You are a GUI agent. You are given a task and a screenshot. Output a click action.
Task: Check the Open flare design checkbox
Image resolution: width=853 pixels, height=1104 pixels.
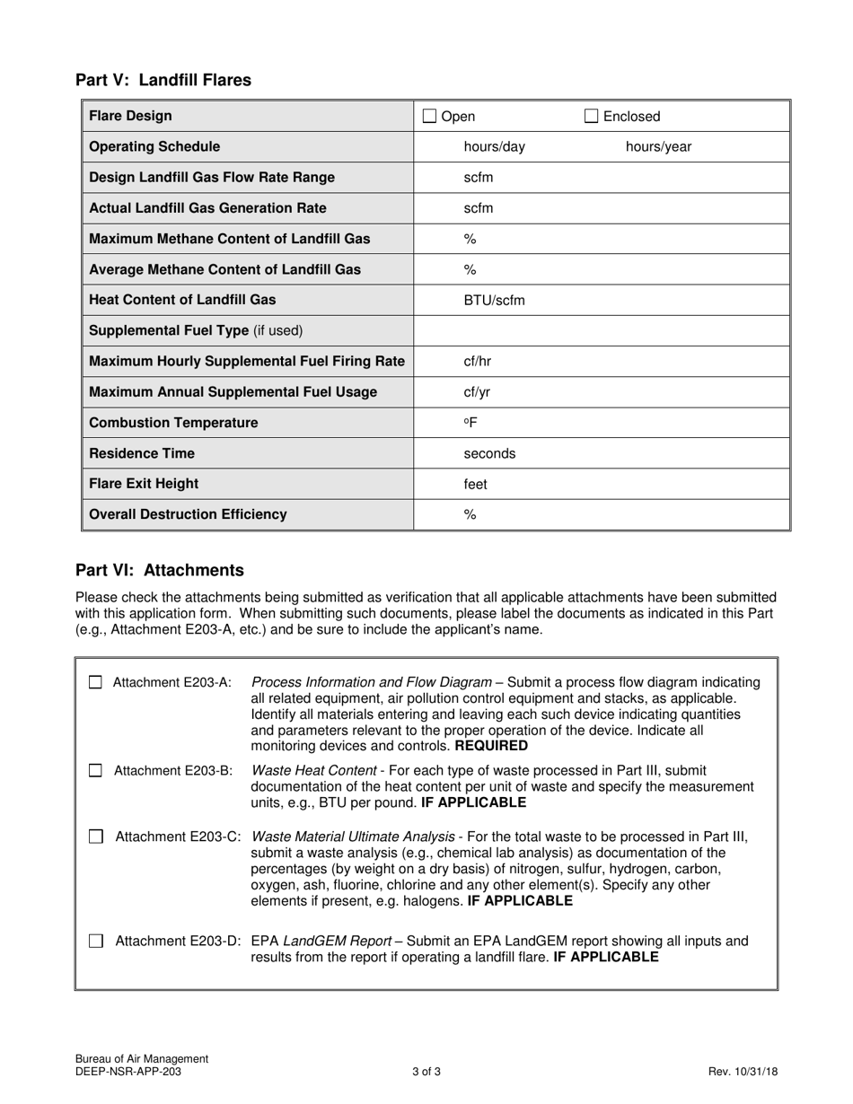(429, 116)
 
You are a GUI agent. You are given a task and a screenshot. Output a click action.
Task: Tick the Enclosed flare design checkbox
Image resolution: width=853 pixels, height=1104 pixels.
(592, 116)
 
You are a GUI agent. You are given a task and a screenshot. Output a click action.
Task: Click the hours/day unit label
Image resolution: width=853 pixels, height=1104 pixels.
(494, 147)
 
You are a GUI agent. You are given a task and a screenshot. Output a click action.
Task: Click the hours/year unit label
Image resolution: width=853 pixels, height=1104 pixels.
(658, 147)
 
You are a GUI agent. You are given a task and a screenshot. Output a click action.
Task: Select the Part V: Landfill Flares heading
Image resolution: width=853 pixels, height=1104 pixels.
(163, 80)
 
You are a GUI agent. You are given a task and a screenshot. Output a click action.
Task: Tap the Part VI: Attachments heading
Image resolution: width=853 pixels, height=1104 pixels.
(160, 570)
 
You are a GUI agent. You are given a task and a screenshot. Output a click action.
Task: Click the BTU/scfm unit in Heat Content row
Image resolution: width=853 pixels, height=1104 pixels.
(494, 301)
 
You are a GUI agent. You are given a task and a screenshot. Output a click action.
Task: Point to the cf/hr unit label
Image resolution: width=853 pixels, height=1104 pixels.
(477, 362)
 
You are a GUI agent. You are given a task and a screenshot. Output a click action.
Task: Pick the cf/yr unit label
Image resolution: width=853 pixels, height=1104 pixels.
(477, 392)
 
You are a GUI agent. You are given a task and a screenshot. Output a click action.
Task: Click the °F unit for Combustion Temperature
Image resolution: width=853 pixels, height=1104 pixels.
(470, 423)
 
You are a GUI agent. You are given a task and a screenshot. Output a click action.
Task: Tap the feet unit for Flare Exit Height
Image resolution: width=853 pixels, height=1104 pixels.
(475, 485)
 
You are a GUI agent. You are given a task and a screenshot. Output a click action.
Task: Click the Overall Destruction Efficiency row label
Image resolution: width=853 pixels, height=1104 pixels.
(189, 514)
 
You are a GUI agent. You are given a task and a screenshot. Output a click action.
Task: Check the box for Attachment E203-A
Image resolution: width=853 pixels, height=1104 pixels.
(95, 682)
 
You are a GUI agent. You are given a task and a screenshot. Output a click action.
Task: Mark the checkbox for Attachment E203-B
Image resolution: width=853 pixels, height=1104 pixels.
(95, 770)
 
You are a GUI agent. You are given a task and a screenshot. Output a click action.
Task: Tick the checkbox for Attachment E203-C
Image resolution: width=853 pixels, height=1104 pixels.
(95, 837)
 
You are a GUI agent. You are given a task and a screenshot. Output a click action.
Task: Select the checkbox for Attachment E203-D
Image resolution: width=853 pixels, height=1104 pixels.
(95, 941)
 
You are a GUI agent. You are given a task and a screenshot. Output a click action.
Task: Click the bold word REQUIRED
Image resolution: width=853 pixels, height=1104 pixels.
(491, 746)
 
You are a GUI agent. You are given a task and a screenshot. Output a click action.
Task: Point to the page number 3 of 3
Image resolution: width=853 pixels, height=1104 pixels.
(426, 1071)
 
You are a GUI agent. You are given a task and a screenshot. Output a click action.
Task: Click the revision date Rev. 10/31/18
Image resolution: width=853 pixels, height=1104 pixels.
(743, 1071)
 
